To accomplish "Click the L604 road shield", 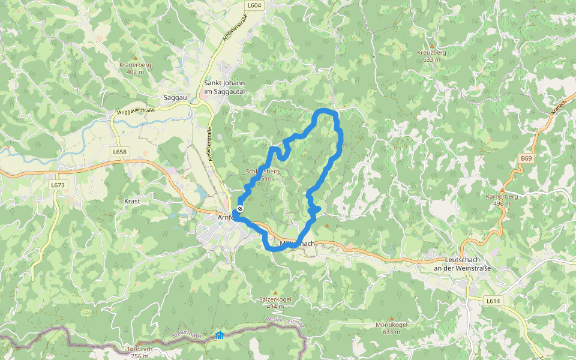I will click(254, 5).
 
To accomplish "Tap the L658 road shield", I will click(119, 152).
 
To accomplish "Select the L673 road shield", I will click(58, 185).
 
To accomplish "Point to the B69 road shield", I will click(526, 158).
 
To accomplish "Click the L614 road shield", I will click(493, 301).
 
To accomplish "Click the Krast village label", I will click(132, 201).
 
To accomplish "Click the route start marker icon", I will click(240, 209).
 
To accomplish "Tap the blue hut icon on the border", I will click(219, 335).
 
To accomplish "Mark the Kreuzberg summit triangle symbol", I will click(431, 46).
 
